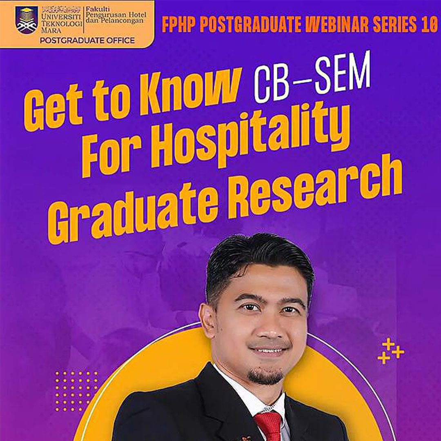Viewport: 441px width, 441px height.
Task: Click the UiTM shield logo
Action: click(27, 20)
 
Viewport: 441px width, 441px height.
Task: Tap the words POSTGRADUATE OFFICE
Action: click(87, 40)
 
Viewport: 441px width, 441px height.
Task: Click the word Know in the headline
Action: click(191, 91)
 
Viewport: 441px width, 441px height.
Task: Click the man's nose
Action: click(269, 326)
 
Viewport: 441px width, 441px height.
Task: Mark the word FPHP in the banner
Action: click(178, 24)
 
